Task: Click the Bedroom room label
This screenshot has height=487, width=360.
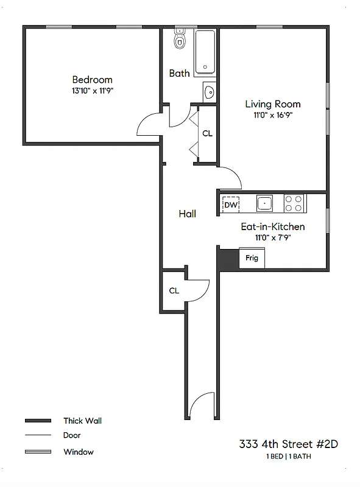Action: (92, 80)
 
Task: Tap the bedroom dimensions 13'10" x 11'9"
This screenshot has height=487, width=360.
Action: (92, 91)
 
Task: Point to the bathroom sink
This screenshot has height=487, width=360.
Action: (208, 92)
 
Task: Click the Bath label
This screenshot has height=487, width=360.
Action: (179, 73)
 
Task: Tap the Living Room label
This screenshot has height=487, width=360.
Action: (272, 104)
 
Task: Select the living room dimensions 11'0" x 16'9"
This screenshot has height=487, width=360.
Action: (272, 115)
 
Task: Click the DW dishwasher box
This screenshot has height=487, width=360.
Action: (230, 205)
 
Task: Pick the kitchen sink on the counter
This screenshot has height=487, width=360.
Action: (264, 203)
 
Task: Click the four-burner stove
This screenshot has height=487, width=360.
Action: (294, 203)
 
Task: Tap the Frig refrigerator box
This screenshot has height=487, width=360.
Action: (252, 258)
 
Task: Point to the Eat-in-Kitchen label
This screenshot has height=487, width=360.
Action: (272, 226)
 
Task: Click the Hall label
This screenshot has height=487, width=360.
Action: (187, 214)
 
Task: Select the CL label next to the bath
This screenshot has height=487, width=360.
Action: (207, 133)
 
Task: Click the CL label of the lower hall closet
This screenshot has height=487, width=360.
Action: (174, 290)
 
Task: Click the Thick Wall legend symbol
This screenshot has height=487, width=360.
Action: (37, 421)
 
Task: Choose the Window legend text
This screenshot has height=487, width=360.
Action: (79, 452)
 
